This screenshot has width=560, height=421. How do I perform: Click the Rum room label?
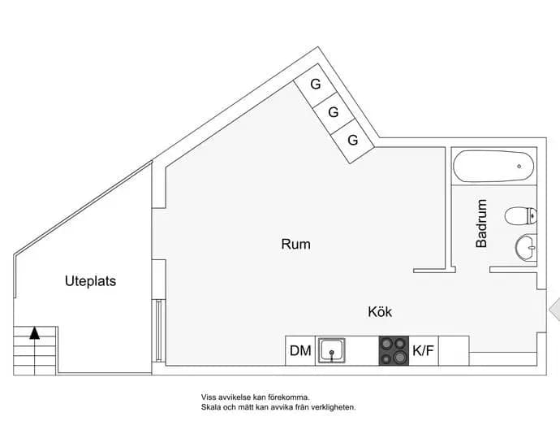click(x=295, y=245)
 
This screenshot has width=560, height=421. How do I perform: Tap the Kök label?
click(x=380, y=312)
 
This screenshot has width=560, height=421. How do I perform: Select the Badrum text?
click(x=481, y=224)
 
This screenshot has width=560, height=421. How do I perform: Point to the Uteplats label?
click(x=90, y=281)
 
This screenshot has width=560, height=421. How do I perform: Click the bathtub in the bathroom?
click(x=493, y=167)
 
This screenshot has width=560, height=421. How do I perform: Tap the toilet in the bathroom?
click(x=521, y=216)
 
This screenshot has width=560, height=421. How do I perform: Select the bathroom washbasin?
click(x=526, y=248)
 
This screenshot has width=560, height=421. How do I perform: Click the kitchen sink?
click(x=332, y=350)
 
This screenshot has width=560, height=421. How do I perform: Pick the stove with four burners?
click(x=394, y=350)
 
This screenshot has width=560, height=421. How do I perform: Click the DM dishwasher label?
click(x=300, y=351)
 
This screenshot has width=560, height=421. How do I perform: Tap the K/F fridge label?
click(x=423, y=350)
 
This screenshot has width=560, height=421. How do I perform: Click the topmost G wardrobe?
click(x=316, y=85)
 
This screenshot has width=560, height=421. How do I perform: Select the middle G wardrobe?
click(x=334, y=112)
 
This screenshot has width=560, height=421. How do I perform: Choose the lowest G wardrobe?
click(x=352, y=140)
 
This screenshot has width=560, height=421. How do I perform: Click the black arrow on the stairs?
click(x=35, y=333)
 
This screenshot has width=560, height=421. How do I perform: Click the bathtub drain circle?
click(x=519, y=167)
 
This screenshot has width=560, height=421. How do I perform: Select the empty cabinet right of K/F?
click(x=454, y=350)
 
